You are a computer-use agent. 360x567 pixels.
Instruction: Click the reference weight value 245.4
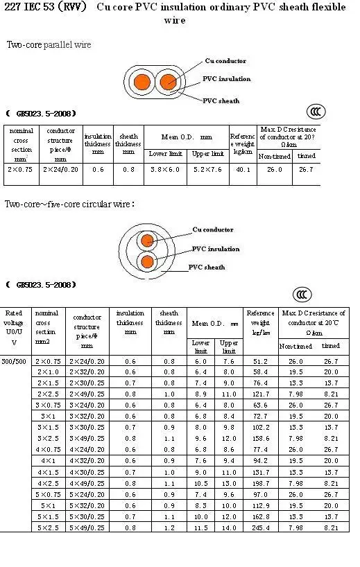pyautogui.click(x=261, y=527)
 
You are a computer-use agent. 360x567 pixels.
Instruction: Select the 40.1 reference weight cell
pyautogui.click(x=243, y=168)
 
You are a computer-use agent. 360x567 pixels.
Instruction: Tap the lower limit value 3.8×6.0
pyautogui.click(x=166, y=168)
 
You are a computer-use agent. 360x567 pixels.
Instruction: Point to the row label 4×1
pyautogui.click(x=48, y=460)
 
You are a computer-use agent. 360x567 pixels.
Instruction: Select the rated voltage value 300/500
pyautogui.click(x=14, y=361)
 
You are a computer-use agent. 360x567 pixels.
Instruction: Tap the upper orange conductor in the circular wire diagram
pyautogui.click(x=146, y=241)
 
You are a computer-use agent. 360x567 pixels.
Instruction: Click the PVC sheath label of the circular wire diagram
pyautogui.click(x=207, y=267)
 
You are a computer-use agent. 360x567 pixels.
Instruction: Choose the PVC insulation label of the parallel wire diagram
pyautogui.click(x=226, y=79)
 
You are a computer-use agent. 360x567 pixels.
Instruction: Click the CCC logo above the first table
pyautogui.click(x=316, y=112)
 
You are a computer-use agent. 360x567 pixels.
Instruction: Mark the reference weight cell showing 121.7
pyautogui.click(x=261, y=394)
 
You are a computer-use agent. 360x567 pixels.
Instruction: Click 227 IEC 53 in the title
pyautogui.click(x=26, y=8)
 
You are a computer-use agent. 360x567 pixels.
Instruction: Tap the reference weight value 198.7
pyautogui.click(x=261, y=483)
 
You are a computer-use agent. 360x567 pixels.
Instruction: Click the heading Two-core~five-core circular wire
pyautogui.click(x=69, y=204)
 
